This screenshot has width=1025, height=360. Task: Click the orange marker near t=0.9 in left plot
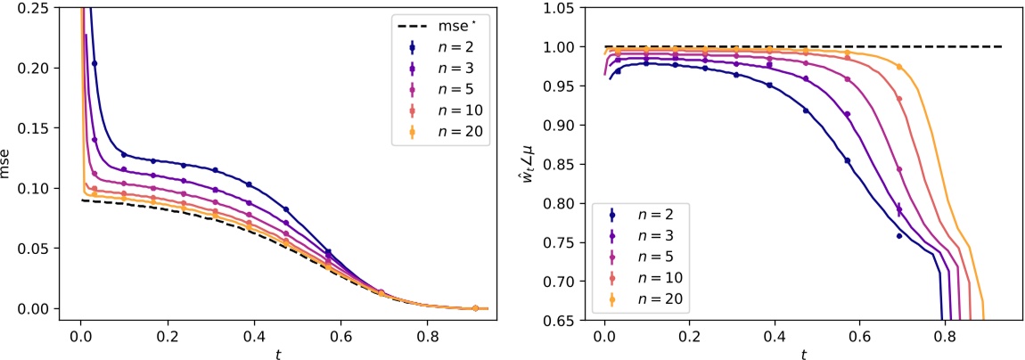(x=475, y=308)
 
